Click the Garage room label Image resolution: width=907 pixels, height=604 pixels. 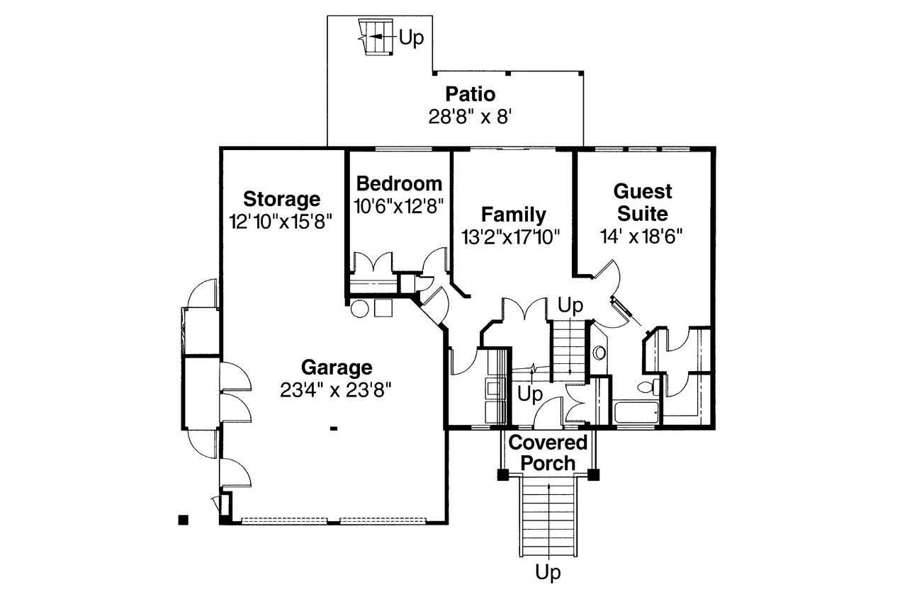pos(336,367)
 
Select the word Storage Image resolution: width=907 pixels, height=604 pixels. pos(281,198)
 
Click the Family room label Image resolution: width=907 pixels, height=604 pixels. pos(513,215)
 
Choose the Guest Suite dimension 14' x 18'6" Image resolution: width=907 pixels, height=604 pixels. pos(643,236)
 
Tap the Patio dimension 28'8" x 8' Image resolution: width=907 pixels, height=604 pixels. pos(470,116)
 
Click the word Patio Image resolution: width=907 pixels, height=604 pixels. pos(470,94)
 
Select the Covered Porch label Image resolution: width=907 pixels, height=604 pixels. pos(548,453)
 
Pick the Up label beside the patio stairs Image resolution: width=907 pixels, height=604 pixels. pos(411,38)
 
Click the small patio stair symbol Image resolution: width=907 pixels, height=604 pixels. pos(374,36)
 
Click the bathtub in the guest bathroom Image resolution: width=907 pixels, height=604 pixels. pos(636,412)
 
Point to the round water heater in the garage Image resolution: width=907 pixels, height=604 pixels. pos(360,309)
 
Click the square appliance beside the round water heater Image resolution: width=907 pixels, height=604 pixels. pos(383,308)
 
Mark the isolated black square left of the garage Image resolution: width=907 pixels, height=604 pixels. pos(183,520)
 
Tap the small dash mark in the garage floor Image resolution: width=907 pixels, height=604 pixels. pos(333,428)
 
